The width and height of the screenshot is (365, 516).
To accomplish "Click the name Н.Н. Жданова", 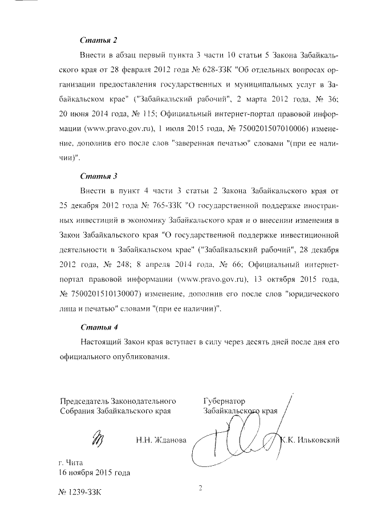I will [161, 440].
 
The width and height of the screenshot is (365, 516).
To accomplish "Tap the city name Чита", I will [75, 462].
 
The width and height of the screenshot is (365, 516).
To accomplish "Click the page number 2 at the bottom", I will [201, 488].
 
